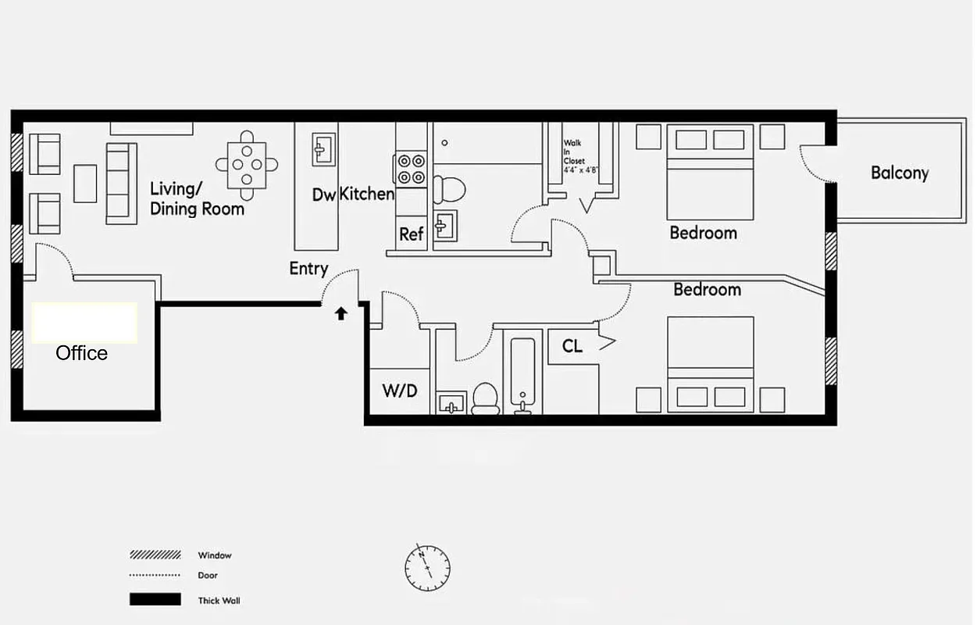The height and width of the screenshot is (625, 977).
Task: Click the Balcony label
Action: (x=900, y=173)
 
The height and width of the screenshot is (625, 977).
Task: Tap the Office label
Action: (x=82, y=353)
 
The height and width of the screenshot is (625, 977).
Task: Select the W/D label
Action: (x=399, y=391)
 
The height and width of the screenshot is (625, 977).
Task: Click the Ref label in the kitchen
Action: (x=412, y=234)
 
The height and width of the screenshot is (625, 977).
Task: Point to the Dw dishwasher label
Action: (x=323, y=195)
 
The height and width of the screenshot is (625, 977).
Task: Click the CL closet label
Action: (x=572, y=346)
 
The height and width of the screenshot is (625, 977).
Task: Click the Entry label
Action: (x=308, y=269)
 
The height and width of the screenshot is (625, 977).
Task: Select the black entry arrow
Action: (x=341, y=314)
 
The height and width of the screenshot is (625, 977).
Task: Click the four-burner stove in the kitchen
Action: (x=412, y=169)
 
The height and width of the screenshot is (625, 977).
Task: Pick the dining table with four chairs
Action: (x=247, y=165)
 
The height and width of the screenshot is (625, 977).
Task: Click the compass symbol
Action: (x=427, y=566)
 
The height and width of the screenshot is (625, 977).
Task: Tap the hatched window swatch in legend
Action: (x=155, y=555)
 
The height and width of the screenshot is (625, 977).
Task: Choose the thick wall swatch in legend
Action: (x=155, y=600)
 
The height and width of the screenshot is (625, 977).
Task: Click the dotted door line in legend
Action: (x=155, y=576)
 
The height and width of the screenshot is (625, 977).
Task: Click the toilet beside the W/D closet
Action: (x=486, y=398)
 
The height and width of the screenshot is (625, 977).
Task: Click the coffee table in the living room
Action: (x=85, y=183)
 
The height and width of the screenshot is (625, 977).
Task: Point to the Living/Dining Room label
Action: (x=197, y=198)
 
